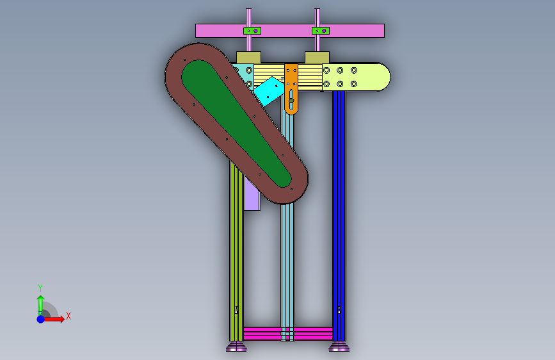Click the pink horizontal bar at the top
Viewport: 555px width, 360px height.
[289, 31]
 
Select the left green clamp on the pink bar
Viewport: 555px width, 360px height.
[252, 31]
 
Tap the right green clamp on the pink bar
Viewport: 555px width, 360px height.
[321, 31]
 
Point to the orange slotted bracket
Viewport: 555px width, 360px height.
[291, 88]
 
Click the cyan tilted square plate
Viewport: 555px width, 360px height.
[269, 92]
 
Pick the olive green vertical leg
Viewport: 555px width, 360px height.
[236, 252]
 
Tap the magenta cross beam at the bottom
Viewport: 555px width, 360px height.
[288, 334]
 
